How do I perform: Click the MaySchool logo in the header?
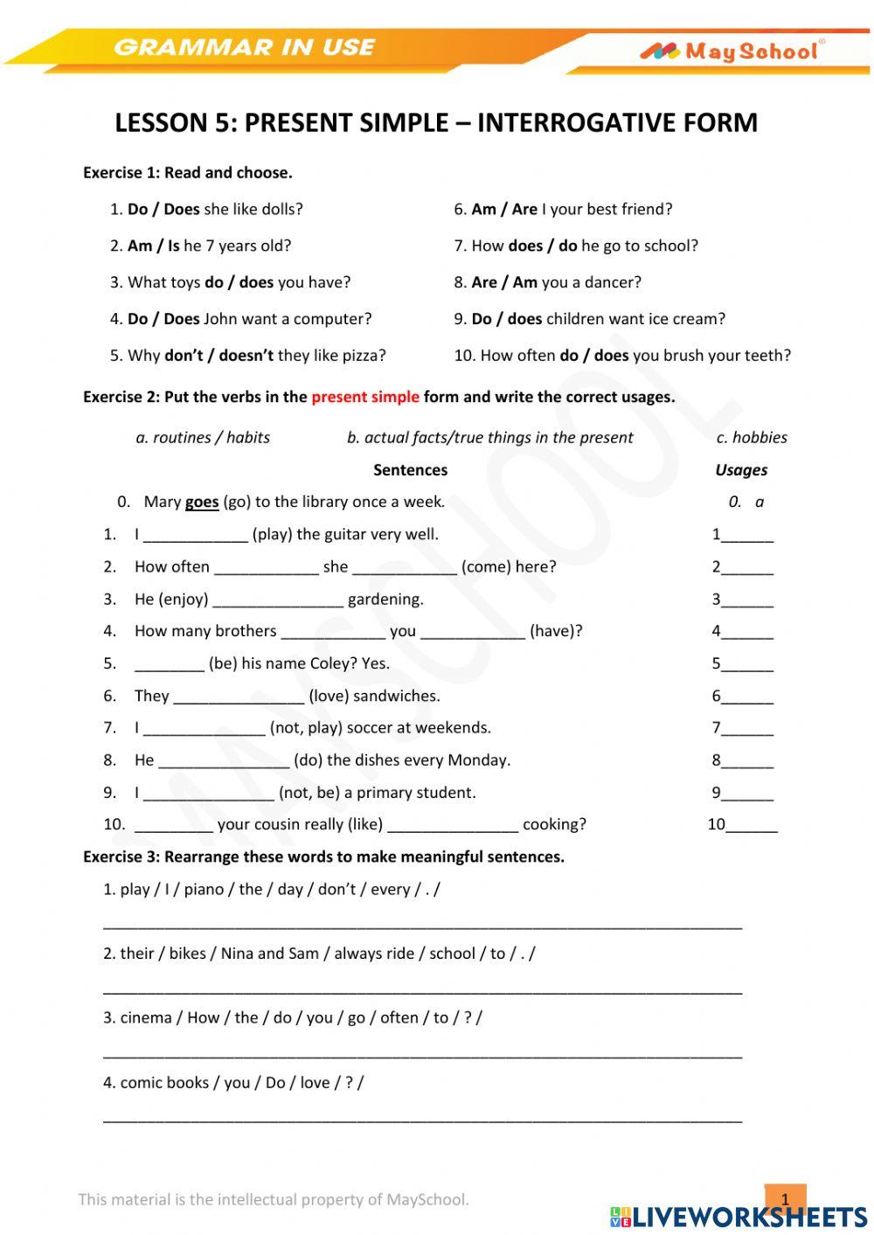click(x=732, y=52)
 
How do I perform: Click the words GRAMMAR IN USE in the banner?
click(x=244, y=47)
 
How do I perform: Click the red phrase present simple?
click(x=364, y=397)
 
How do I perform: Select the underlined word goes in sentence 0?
click(x=202, y=502)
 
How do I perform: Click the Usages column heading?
click(x=741, y=469)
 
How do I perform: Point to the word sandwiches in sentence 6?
click(x=396, y=697)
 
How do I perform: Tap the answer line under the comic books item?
click(x=422, y=1118)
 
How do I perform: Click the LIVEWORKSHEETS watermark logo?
click(x=739, y=1216)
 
